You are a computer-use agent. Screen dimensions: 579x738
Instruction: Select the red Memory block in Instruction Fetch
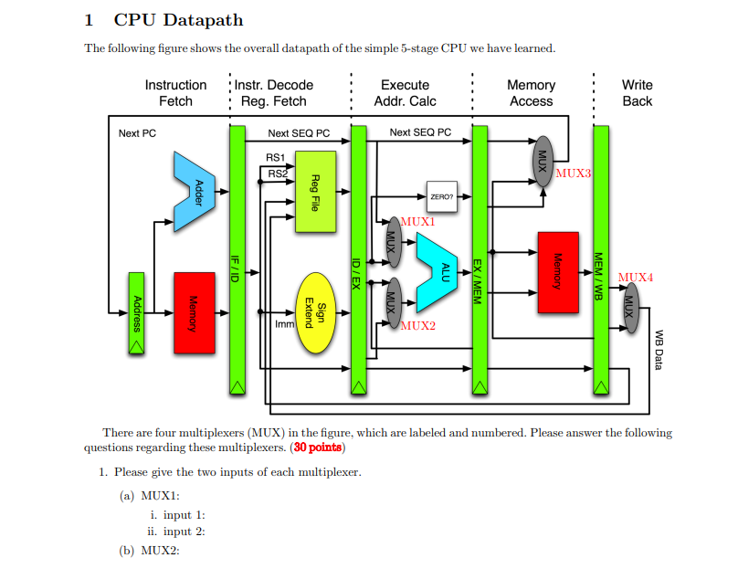194,312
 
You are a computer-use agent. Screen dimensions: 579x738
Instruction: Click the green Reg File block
315,192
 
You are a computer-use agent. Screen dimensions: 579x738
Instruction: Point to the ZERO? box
440,195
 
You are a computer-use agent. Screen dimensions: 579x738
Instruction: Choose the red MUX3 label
573,173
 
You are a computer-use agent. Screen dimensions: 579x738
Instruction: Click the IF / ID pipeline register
237,261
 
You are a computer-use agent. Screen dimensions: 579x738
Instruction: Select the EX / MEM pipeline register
480,261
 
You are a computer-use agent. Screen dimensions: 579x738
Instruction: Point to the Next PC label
137,133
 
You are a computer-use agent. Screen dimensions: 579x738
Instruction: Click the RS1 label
276,157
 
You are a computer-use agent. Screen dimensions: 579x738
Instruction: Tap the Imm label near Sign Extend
283,323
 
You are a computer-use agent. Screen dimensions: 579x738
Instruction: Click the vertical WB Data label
659,350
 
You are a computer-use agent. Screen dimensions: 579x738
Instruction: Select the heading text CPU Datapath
178,20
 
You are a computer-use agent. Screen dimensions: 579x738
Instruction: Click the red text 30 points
318,447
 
